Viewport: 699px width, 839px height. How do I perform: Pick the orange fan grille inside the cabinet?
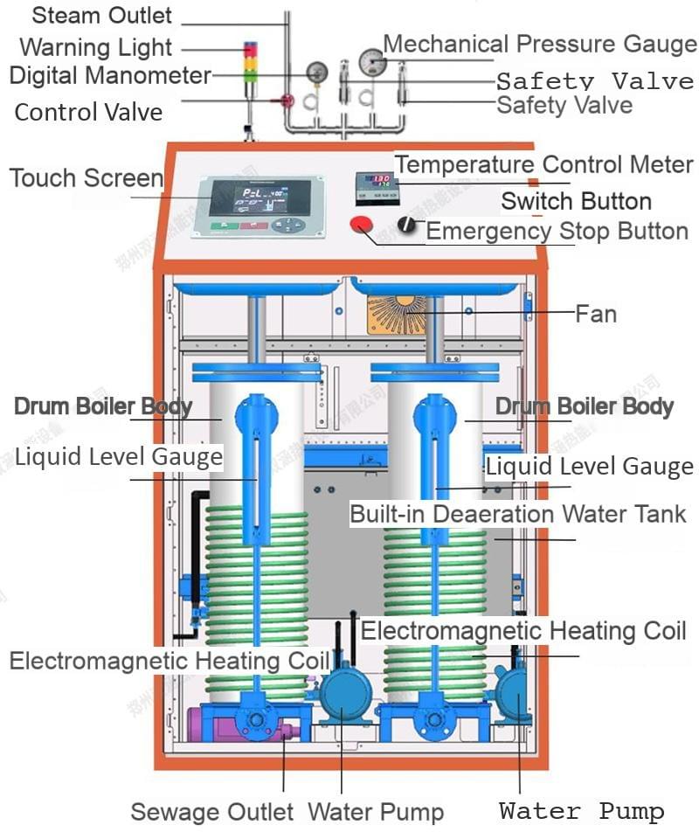click(x=398, y=313)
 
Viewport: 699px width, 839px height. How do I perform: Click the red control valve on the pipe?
click(x=287, y=101)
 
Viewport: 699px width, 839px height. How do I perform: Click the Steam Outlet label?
click(x=102, y=16)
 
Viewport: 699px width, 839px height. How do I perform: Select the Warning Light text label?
click(x=96, y=47)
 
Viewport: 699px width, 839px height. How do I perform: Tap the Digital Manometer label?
click(x=110, y=76)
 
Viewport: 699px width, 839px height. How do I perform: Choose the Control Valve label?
click(x=88, y=112)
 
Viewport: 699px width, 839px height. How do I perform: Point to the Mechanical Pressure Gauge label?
click(x=540, y=44)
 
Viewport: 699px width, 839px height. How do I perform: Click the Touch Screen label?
click(x=87, y=178)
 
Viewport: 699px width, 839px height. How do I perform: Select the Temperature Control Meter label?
click(x=543, y=164)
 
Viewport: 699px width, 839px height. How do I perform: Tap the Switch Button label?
click(x=576, y=201)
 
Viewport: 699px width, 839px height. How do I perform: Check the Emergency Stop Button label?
click(x=557, y=232)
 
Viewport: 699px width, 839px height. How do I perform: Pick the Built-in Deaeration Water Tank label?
click(x=518, y=513)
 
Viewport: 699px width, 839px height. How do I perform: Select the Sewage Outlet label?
click(x=212, y=812)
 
